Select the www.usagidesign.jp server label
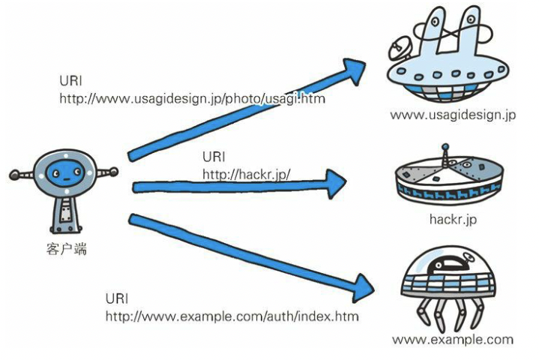point(453,115)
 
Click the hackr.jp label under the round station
point(453,220)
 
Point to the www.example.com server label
point(453,340)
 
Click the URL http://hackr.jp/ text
point(246,174)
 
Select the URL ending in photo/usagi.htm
point(192,98)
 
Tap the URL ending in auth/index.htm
point(232,316)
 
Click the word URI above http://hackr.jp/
point(214,157)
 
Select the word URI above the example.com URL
point(116,298)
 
